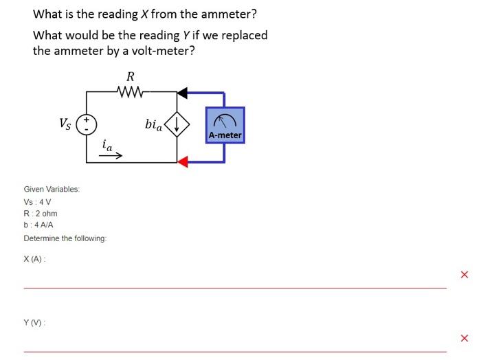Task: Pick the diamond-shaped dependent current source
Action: pos(177,124)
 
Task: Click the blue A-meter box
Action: pos(225,125)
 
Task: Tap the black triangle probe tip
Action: pos(182,92)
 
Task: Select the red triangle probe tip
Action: pos(182,162)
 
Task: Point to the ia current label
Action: pos(107,145)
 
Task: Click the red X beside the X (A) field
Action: pos(464,275)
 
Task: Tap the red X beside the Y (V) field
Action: pos(464,338)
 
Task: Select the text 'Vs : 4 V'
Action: pos(37,202)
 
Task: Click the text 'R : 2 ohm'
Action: pos(41,214)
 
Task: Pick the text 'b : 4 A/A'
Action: pos(38,225)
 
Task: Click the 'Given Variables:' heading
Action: pos(52,188)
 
